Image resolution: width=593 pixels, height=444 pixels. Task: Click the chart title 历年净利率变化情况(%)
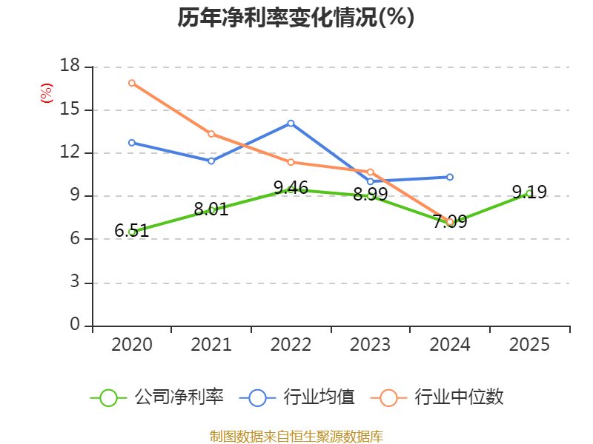(x=296, y=17)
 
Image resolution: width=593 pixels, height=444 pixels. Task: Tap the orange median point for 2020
(x=132, y=83)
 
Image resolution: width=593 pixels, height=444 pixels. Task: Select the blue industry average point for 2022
(x=291, y=124)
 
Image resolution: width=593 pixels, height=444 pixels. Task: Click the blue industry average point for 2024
(x=450, y=177)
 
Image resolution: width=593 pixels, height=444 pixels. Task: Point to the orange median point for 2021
(x=211, y=134)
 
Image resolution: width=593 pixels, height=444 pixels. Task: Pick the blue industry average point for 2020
(x=132, y=143)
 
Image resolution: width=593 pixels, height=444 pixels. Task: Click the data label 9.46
(x=291, y=188)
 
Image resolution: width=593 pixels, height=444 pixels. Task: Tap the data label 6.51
(x=132, y=231)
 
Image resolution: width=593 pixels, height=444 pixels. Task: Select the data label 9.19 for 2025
(x=529, y=192)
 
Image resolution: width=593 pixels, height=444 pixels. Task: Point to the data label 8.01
(x=211, y=209)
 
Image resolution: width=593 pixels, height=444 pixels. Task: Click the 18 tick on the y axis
(x=70, y=66)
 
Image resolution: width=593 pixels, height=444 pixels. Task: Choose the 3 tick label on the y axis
(x=75, y=282)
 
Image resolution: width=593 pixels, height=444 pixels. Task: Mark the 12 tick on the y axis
(x=70, y=152)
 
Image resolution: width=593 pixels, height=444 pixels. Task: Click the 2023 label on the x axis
(x=370, y=345)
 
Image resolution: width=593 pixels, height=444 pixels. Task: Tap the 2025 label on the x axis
(x=529, y=345)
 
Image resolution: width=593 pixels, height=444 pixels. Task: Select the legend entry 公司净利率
(x=157, y=397)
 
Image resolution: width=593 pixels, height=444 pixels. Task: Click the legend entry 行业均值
(x=297, y=397)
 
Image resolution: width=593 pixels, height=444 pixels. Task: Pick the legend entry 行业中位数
(x=437, y=397)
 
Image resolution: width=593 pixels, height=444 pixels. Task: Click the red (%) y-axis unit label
(x=47, y=93)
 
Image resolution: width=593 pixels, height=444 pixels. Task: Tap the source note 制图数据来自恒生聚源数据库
(x=296, y=437)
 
